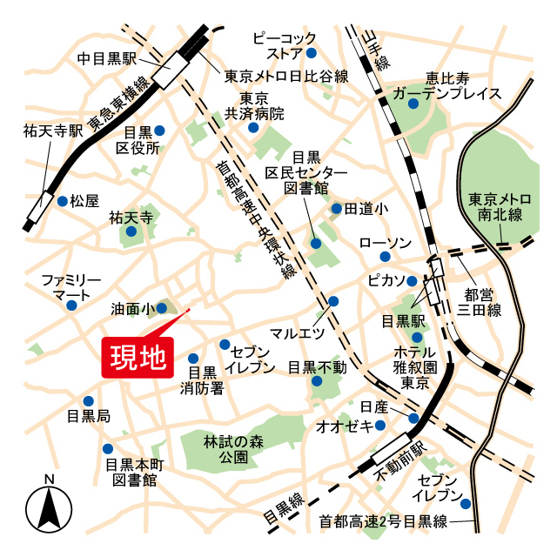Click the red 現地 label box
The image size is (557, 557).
138,357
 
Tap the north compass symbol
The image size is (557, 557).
50,507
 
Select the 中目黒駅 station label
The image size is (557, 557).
107,59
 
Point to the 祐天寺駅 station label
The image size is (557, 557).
53,131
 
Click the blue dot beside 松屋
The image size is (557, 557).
62,201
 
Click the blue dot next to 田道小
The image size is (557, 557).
336,209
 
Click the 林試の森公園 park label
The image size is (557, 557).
232,448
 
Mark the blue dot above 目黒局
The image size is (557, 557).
88,401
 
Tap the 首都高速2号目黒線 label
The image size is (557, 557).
383,521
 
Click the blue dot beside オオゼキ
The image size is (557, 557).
380,426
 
